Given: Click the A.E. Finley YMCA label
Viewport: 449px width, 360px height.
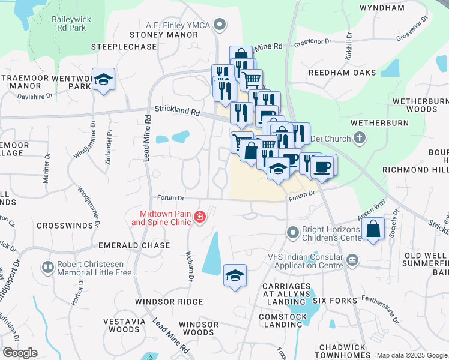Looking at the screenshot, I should [x=181, y=25].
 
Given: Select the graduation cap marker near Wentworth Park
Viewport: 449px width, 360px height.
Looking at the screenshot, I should [x=104, y=80].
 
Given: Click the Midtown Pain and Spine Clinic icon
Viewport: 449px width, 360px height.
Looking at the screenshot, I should [x=199, y=217].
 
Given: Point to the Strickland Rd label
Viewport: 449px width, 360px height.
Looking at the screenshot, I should [x=176, y=111].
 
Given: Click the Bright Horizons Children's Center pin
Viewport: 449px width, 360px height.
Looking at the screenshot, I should [x=293, y=232].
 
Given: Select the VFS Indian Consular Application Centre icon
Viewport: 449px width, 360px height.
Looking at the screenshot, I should [x=353, y=260].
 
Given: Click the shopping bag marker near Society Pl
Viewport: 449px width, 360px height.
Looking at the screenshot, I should [x=373, y=229].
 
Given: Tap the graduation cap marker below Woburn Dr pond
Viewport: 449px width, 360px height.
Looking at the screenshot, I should [x=235, y=275].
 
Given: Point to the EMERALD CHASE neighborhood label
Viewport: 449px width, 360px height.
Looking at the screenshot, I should [x=137, y=246].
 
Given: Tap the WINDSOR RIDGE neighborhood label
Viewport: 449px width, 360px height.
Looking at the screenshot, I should [x=169, y=302].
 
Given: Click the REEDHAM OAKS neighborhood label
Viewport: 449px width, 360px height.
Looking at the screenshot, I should [x=334, y=73].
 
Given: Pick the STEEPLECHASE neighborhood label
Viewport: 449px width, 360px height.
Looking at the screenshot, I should [x=119, y=46].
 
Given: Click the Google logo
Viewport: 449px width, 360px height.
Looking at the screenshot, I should [x=19, y=353].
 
